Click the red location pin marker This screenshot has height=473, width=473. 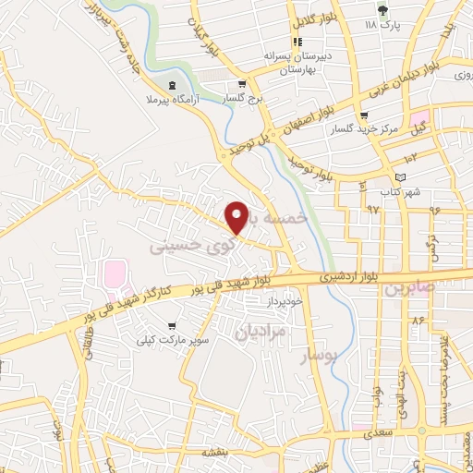[237, 217]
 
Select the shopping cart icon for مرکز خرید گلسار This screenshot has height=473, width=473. [364, 116]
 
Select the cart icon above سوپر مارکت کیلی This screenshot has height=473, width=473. [172, 326]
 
